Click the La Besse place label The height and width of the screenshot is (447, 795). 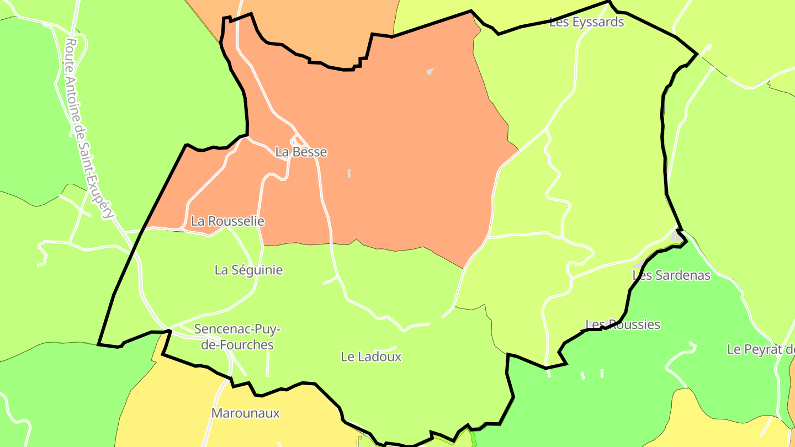(301, 152)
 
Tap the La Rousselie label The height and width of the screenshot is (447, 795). (227, 221)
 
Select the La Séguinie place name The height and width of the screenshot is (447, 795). (248, 270)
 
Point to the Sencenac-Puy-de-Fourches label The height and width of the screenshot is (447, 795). (237, 337)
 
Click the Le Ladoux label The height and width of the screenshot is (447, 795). (371, 356)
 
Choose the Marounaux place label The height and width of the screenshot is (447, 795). (246, 413)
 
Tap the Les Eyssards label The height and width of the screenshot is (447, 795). (586, 22)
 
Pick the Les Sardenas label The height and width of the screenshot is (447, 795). (671, 275)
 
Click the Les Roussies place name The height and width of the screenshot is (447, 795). (623, 324)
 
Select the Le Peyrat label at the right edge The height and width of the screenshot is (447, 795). (761, 349)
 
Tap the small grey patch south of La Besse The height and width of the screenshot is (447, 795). (349, 173)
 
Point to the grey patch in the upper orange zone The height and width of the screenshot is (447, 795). (430, 72)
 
